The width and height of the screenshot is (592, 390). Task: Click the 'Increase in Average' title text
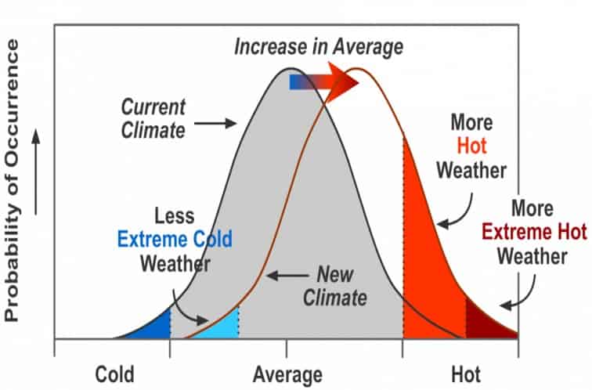tap(319, 47)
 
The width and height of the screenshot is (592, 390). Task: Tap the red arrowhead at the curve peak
tap(341, 81)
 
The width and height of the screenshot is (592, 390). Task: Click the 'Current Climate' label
tap(153, 117)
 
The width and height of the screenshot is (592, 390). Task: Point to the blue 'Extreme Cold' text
tap(175, 239)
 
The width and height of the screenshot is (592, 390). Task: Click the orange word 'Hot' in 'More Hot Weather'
tap(471, 146)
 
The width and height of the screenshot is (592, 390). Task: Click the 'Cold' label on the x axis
tap(114, 373)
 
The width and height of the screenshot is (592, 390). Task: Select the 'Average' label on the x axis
tap(287, 374)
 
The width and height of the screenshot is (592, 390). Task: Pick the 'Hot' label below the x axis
tap(465, 373)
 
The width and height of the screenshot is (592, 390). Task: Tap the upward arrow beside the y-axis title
tap(34, 173)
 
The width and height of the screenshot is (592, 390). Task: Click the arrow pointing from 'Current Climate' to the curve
tap(215, 123)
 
